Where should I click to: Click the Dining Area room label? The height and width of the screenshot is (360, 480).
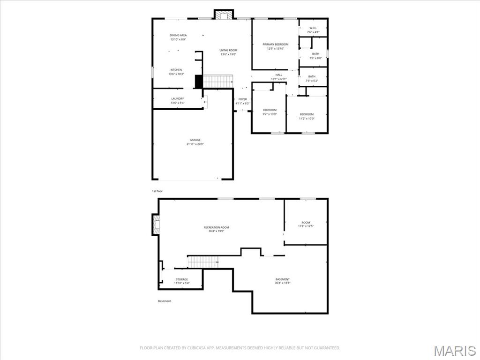(x=178, y=36)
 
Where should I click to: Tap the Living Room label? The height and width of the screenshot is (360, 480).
(x=228, y=50)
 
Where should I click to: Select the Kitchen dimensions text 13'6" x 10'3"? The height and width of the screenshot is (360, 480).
(x=176, y=74)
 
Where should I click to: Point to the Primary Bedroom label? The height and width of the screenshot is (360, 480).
(x=275, y=45)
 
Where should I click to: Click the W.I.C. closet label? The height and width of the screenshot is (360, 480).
(x=314, y=28)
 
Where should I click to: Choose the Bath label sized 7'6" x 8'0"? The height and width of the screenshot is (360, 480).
(x=315, y=54)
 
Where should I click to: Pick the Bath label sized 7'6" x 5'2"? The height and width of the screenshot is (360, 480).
(x=312, y=76)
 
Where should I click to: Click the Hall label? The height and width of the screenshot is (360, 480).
(x=278, y=75)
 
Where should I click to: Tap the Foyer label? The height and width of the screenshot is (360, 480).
(x=242, y=99)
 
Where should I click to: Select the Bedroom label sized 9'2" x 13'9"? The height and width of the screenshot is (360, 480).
(x=270, y=110)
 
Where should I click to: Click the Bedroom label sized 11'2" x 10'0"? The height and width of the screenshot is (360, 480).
(x=307, y=114)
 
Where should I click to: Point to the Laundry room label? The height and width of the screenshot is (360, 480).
(x=177, y=99)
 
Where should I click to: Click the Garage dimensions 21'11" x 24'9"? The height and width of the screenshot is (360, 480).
(x=195, y=144)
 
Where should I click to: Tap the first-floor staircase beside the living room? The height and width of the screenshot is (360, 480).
(x=218, y=82)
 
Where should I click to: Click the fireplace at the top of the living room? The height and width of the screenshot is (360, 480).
(x=224, y=15)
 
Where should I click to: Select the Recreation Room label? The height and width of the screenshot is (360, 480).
(x=216, y=227)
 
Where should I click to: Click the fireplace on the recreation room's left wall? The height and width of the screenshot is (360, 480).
(x=156, y=225)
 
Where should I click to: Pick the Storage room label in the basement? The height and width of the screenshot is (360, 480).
(x=181, y=279)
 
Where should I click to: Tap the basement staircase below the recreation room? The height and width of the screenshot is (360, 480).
(x=203, y=262)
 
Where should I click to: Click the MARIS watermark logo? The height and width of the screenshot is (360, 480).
(x=454, y=351)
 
